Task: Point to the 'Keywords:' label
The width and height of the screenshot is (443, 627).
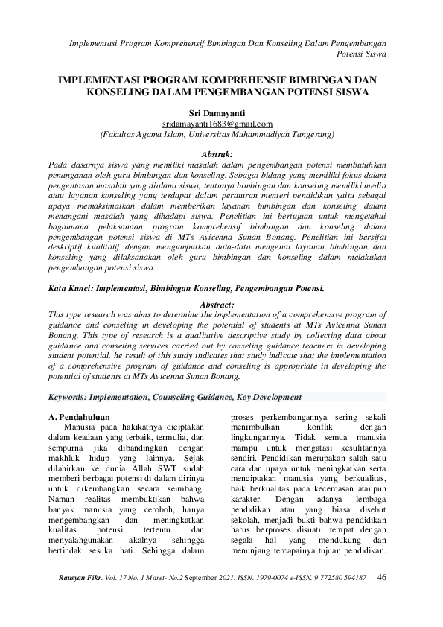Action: click(x=71, y=398)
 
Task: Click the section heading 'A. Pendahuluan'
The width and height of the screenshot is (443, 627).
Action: click(x=81, y=418)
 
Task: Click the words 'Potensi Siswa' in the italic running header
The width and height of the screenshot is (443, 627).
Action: click(x=361, y=54)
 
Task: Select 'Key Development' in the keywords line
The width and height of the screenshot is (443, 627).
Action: click(x=269, y=398)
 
